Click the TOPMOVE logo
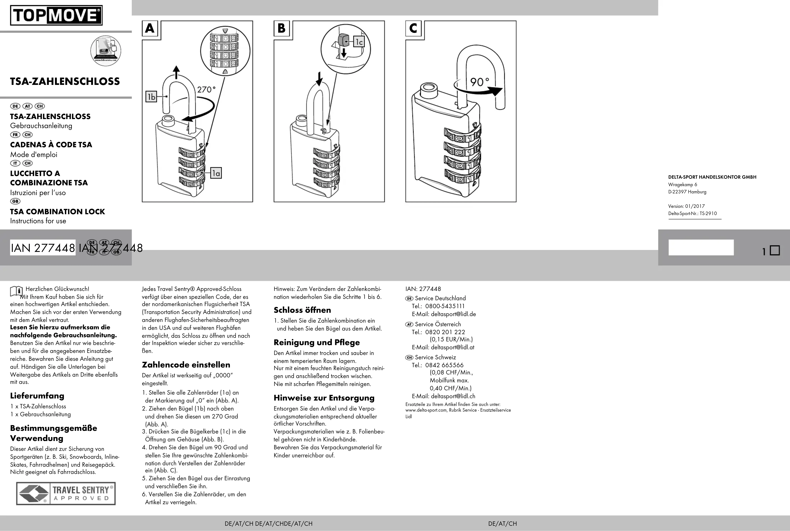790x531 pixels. [56, 15]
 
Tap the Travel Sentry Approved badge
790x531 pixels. [66, 493]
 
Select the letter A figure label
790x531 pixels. [150, 28]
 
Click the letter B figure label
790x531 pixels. [281, 28]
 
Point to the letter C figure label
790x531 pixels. [413, 28]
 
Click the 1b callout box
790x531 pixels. [151, 97]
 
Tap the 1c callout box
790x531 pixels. [359, 42]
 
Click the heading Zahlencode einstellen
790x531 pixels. [186, 365]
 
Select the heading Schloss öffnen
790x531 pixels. [302, 310]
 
